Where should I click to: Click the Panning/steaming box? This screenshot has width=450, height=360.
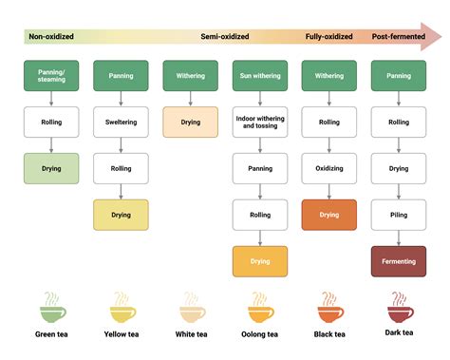coord(51,75)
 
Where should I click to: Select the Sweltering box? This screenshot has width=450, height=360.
coord(121,122)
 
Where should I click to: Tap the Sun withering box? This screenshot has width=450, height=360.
coord(260,75)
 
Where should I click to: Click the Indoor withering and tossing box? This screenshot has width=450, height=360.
coord(260,122)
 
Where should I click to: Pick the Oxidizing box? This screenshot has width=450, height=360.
coord(329,168)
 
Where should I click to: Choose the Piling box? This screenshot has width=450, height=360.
coord(399,215)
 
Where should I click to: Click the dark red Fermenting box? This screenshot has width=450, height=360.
coord(399,261)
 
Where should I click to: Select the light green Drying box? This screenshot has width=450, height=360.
coord(51,168)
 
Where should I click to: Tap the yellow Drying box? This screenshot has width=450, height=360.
coord(121,215)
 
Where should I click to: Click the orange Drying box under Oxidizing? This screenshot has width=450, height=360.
coord(329,215)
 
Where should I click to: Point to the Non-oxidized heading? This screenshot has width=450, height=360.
coord(51,37)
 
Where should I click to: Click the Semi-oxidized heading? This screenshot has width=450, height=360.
coord(225,37)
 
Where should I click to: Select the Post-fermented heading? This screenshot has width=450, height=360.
coord(398,37)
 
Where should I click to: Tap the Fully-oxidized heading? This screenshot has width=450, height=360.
coord(328,37)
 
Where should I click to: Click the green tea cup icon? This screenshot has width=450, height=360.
coord(51,308)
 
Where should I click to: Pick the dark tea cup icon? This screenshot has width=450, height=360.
coord(399,308)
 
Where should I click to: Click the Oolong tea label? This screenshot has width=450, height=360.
coord(260,334)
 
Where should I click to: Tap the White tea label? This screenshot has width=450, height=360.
coord(191,334)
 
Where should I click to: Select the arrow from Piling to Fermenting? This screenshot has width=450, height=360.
coord(399,237)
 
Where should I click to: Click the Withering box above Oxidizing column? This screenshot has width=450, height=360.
coord(329,75)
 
